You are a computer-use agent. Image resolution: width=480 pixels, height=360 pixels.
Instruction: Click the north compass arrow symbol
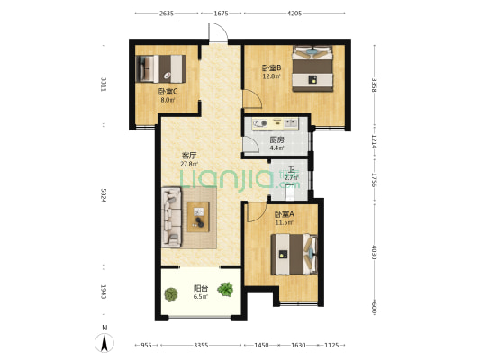104,343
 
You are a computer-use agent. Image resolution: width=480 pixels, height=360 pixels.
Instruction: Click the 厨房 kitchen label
276,140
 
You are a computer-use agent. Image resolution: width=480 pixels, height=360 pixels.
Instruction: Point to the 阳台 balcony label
201,288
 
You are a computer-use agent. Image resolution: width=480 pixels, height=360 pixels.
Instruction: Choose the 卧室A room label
285,214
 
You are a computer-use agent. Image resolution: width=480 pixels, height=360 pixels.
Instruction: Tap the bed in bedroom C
160,68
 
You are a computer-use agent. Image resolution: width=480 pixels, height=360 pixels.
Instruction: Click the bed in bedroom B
312,68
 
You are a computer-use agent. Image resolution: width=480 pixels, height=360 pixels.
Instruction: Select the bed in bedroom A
294,254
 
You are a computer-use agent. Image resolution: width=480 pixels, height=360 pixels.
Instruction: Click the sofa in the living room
171,217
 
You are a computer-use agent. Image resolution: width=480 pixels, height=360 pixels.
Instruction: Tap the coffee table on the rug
198,217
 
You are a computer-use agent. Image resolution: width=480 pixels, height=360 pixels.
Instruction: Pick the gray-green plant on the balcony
171,294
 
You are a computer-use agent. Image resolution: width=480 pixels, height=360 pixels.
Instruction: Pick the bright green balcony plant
225,289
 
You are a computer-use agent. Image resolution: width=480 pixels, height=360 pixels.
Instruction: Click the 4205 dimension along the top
294,13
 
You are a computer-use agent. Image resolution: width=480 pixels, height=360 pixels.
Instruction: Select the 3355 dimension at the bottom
201,345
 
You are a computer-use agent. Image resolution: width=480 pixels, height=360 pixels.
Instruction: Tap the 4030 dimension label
374,252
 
